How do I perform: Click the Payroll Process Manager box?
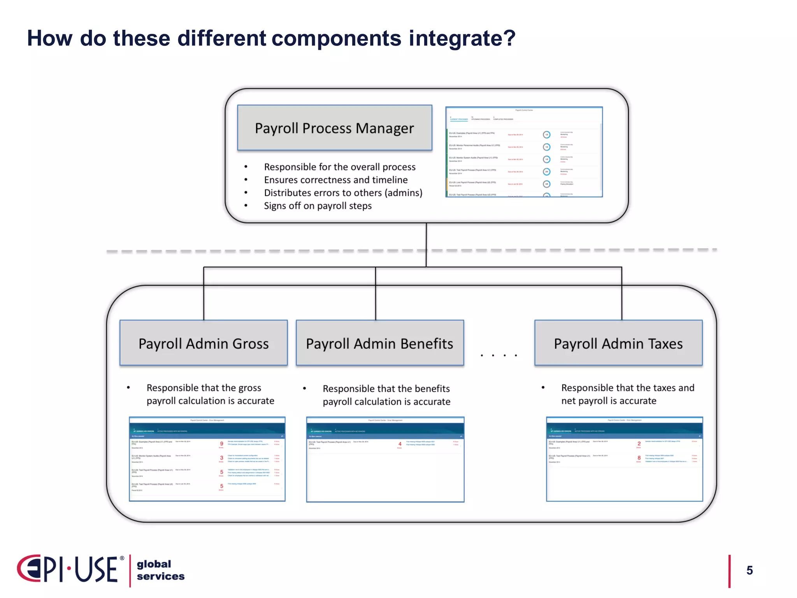[x=335, y=128]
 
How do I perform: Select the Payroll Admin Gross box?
[x=204, y=343]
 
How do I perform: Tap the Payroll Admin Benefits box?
[x=379, y=343]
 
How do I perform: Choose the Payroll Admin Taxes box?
[x=618, y=343]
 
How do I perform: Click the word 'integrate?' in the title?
[x=462, y=38]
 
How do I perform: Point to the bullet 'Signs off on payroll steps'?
[x=318, y=206]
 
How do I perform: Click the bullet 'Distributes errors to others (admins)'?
[x=343, y=193]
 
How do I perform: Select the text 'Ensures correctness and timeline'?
[x=336, y=180]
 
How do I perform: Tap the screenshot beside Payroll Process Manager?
[x=524, y=152]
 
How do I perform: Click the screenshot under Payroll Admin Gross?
[x=207, y=459]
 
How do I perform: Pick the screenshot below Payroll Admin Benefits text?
[x=385, y=459]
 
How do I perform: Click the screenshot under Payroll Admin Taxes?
[x=624, y=459]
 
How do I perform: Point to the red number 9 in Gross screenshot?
[x=222, y=443]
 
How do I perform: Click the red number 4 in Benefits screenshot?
[x=400, y=444]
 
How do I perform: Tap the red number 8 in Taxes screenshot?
[x=639, y=458]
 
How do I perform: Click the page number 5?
[x=750, y=570]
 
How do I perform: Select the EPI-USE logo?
[x=70, y=569]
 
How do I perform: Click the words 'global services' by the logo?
[x=160, y=570]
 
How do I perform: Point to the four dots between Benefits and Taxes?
[x=499, y=355]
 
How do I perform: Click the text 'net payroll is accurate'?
[x=609, y=401]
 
